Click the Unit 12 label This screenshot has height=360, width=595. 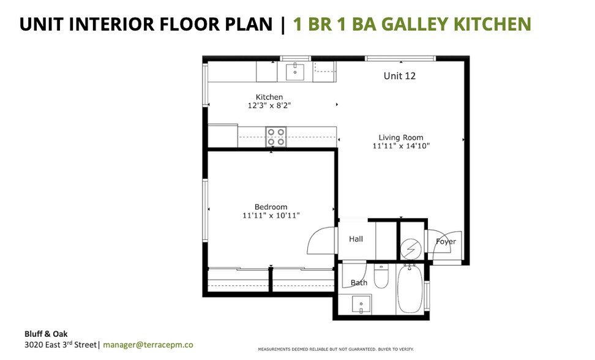400,76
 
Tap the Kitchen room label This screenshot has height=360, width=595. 269,97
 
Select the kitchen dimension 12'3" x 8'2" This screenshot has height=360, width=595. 269,105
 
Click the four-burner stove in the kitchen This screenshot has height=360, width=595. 276,136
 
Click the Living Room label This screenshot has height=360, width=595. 400,137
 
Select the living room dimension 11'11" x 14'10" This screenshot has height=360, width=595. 400,146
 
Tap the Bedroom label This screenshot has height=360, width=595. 271,207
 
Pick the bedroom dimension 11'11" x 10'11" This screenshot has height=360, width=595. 271,216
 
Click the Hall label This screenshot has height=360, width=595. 356,239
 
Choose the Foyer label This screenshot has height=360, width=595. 445,241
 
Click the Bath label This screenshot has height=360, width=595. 359,282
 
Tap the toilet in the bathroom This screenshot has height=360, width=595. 381,277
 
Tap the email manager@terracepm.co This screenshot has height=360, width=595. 148,345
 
